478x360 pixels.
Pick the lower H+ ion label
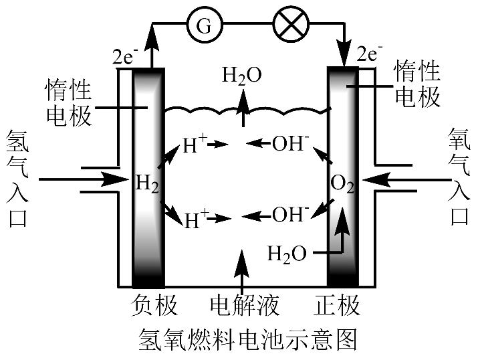click(196, 218)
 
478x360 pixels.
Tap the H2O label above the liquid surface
click(242, 75)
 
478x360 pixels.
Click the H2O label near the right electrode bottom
click(287, 254)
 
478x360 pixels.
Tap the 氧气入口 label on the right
click(461, 177)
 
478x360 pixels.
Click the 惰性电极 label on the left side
click(68, 103)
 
